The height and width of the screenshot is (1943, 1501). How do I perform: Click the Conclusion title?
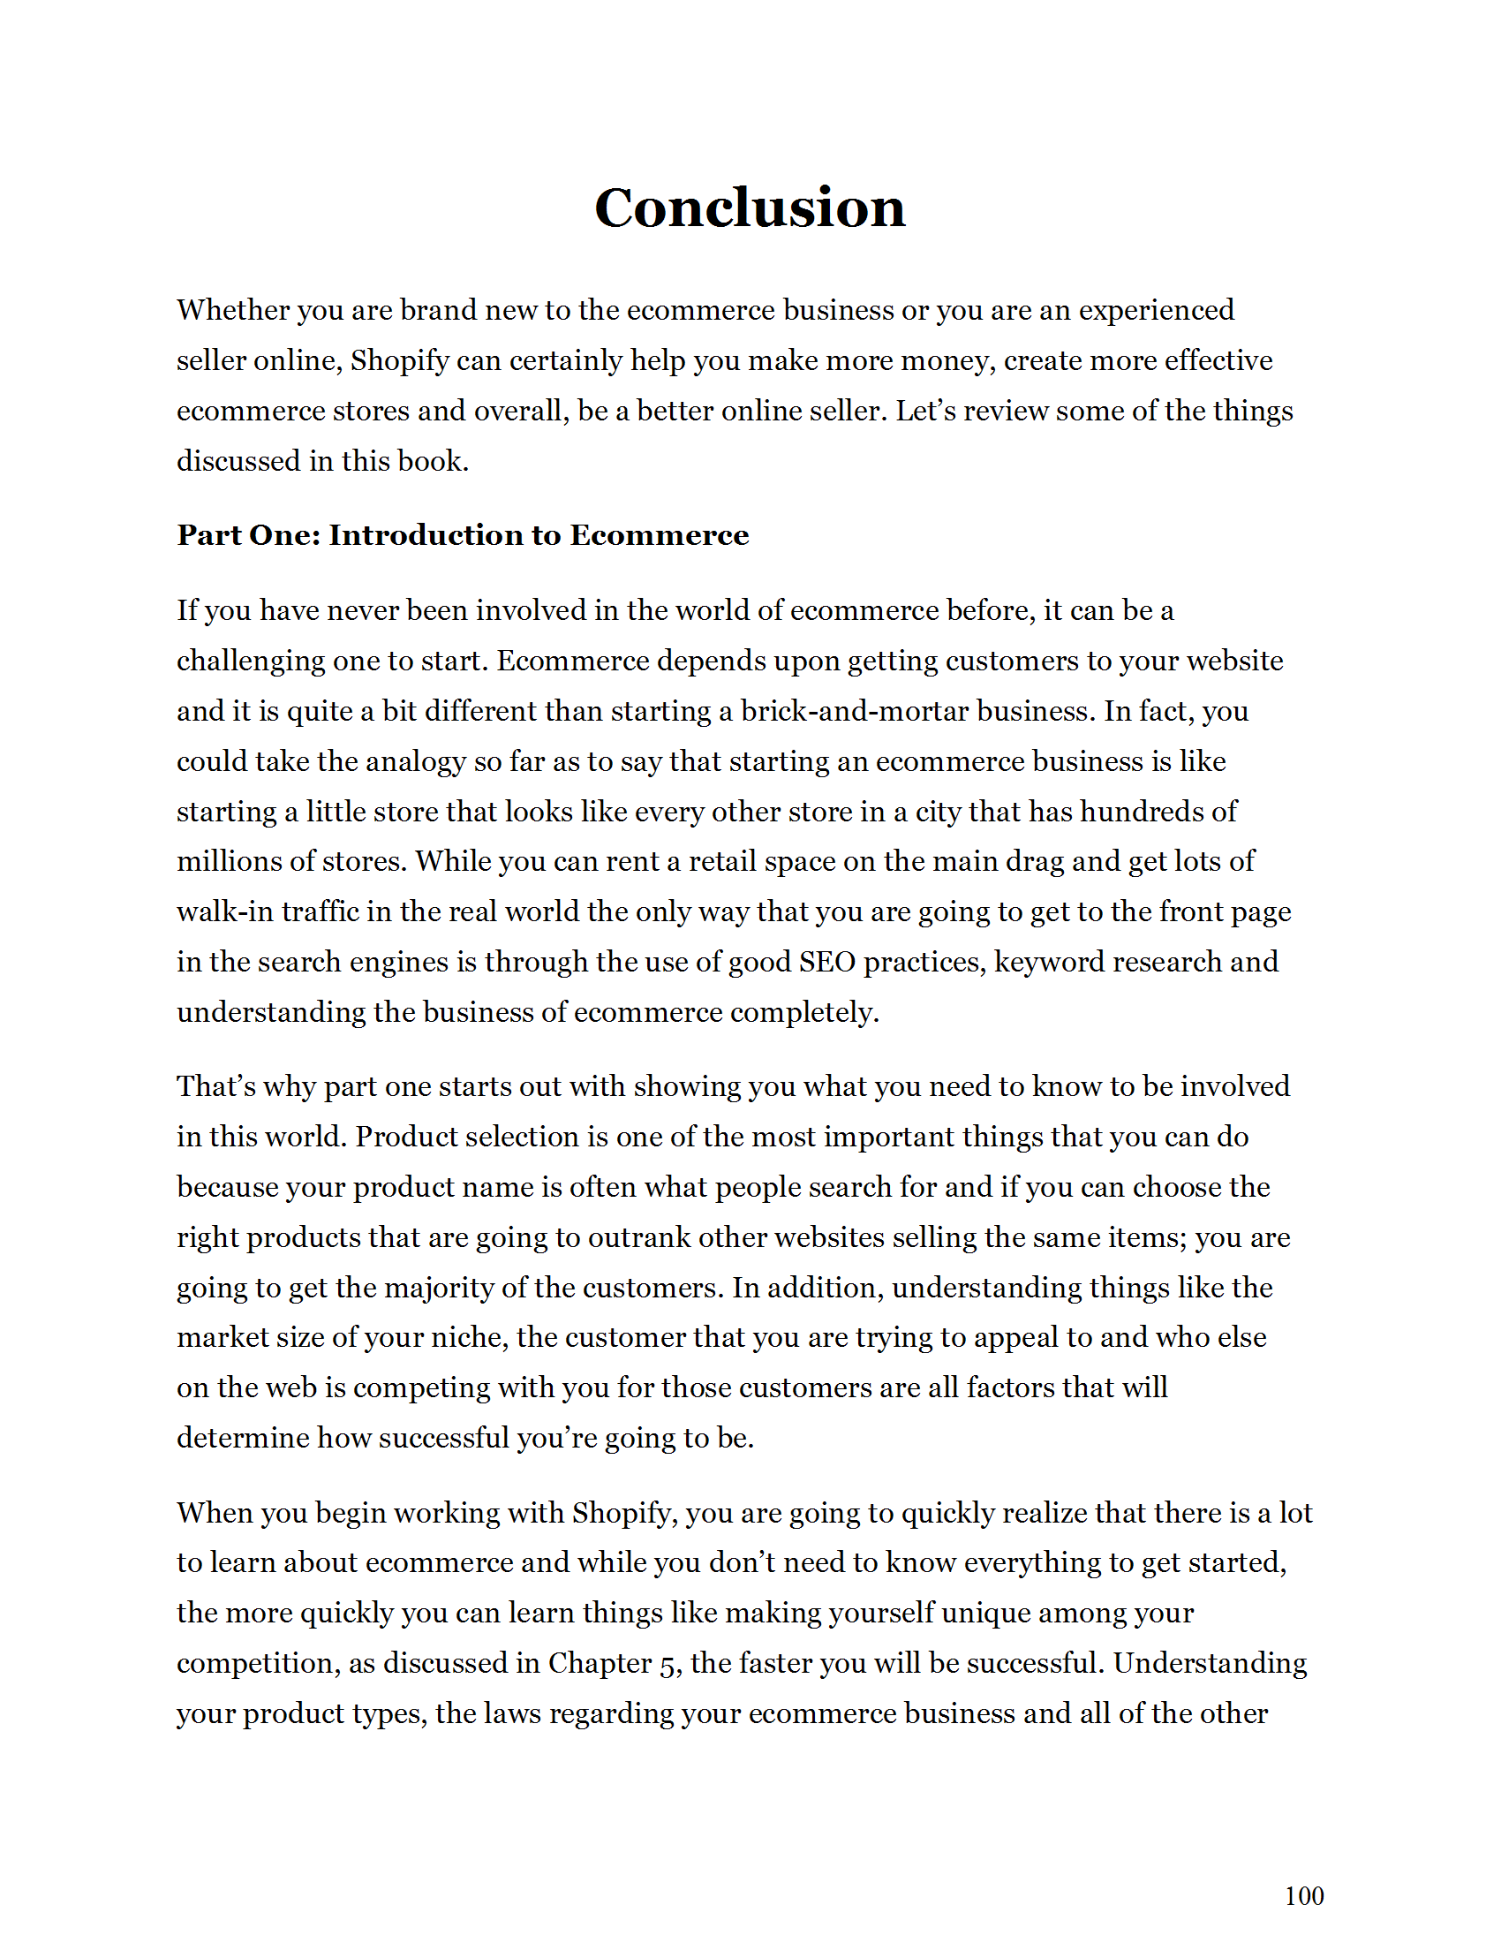pos(750,208)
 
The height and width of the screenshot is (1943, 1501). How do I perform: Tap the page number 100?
pos(1303,1896)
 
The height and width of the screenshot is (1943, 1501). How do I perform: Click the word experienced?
pos(1155,311)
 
